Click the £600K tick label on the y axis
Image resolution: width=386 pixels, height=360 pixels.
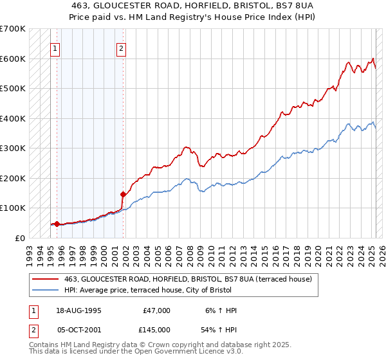pyautogui.click(x=13, y=59)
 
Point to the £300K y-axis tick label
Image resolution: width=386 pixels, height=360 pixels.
pyautogui.click(x=13, y=148)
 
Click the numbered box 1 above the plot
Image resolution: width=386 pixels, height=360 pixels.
pyautogui.click(x=55, y=48)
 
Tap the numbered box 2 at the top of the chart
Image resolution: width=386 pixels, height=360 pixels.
pyautogui.click(x=121, y=48)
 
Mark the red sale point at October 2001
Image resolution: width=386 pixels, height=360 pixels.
pyautogui.click(x=122, y=194)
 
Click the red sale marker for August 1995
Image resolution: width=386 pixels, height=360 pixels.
pyautogui.click(x=57, y=224)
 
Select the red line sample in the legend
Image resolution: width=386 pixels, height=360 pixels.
pyautogui.click(x=46, y=278)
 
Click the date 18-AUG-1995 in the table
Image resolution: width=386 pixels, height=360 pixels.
pyautogui.click(x=79, y=310)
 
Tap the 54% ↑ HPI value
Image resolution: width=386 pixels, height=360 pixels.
pyautogui.click(x=219, y=330)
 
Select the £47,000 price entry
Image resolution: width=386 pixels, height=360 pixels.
pyautogui.click(x=156, y=310)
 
